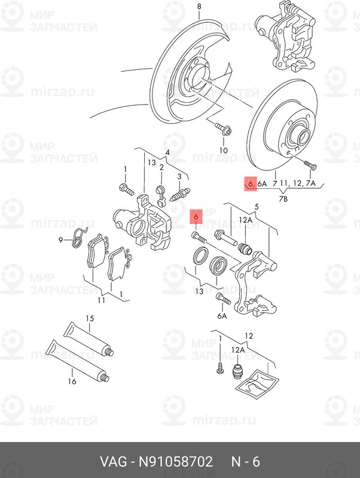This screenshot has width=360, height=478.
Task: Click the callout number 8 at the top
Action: click(199, 6)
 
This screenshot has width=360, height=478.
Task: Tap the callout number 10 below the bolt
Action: click(223, 151)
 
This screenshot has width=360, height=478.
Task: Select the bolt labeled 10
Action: click(223, 129)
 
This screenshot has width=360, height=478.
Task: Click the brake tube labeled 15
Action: click(89, 339)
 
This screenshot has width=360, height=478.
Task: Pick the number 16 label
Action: click(72, 381)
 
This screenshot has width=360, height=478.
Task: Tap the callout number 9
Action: click(61, 240)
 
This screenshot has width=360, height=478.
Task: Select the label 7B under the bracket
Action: click(283, 199)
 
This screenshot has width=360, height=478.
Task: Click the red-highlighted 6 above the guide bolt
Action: click(196, 217)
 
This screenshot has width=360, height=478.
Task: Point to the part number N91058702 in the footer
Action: click(175, 462)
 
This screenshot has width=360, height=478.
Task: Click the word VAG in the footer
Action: click(113, 462)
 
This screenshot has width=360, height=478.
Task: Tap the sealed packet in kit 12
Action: click(258, 383)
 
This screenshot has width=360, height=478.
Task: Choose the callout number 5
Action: click(257, 207)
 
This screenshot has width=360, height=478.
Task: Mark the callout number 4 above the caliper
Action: click(167, 152)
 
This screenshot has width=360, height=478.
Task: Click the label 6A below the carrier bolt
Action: click(222, 316)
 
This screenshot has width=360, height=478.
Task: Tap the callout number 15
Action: click(90, 319)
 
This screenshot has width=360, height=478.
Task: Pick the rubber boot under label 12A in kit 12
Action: click(237, 371)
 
